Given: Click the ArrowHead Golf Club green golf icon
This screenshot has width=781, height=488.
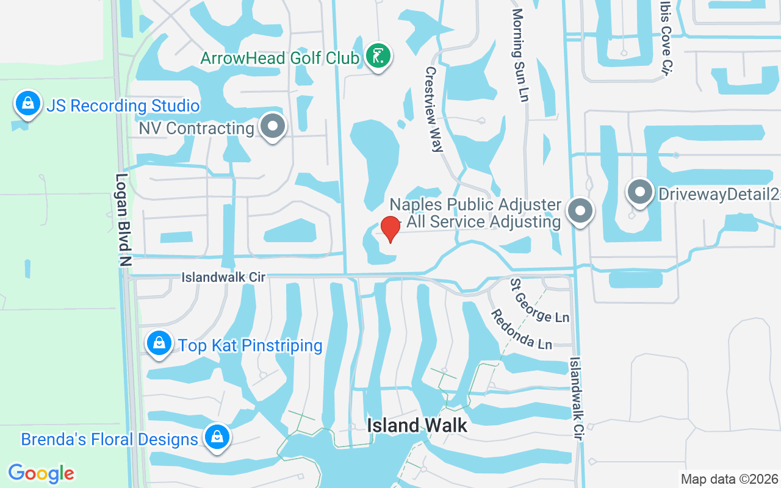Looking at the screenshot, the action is tap(378, 57).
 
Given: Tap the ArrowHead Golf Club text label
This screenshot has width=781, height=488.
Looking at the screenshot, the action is tap(279, 58).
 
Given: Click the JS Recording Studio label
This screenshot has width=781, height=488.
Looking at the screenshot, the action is tap(123, 106).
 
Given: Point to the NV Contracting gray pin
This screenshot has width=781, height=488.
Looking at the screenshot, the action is tap(273, 127).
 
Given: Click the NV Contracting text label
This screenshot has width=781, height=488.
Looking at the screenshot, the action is tap(196, 128).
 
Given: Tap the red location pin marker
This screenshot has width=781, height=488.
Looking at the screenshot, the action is tap(390, 229).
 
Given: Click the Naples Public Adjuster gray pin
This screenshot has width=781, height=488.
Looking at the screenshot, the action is tap(580, 211).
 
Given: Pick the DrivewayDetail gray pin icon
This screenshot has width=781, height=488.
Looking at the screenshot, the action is tap(640, 193).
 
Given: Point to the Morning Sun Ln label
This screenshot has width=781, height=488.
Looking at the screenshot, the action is tap(520, 55).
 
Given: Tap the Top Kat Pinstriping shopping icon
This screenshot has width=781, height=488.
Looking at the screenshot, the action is tap(159, 343).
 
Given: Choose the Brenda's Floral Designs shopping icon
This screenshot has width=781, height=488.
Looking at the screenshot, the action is tap(217, 437).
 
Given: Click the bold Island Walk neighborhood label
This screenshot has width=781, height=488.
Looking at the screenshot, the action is tap(417, 425).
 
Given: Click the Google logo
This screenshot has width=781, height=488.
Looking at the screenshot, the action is tap(41, 473).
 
